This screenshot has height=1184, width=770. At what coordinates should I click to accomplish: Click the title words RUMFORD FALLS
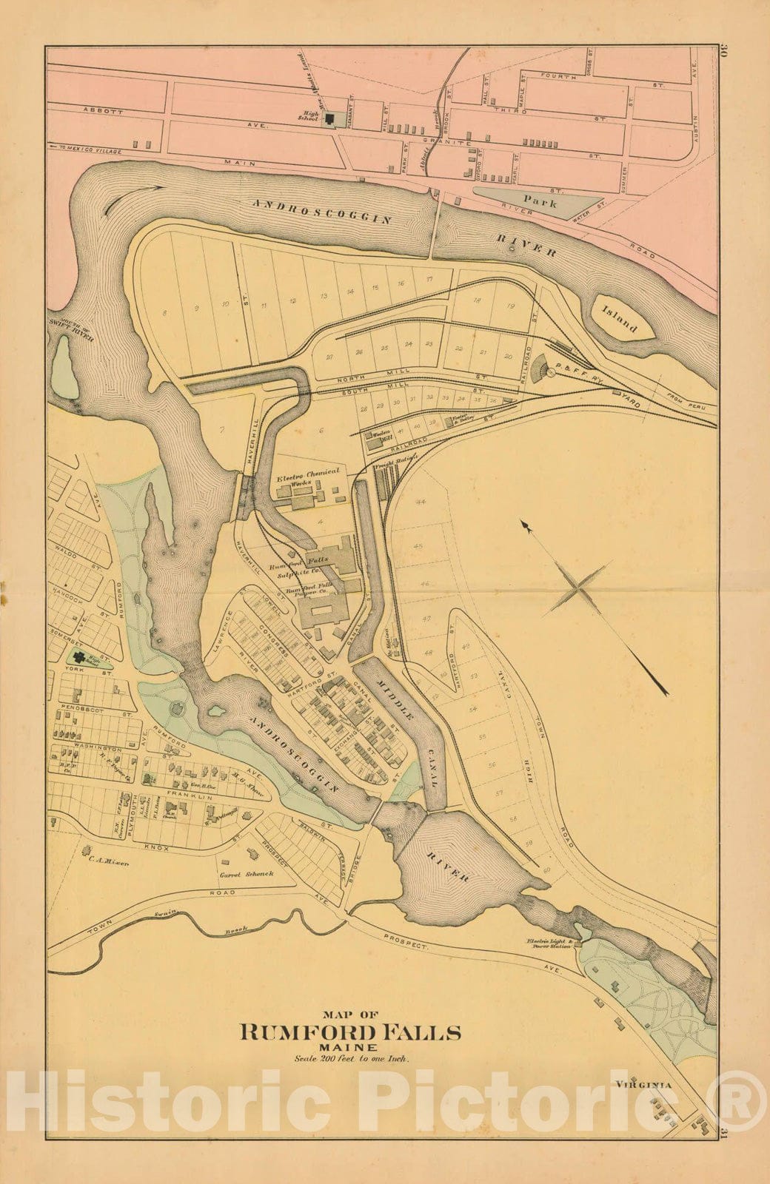pyautogui.click(x=349, y=1032)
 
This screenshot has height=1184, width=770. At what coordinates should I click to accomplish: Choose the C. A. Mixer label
pyautogui.click(x=110, y=861)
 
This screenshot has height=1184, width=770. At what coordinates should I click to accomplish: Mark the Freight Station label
pyautogui.click(x=392, y=468)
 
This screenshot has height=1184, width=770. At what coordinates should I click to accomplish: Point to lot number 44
pyautogui.click(x=421, y=502)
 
